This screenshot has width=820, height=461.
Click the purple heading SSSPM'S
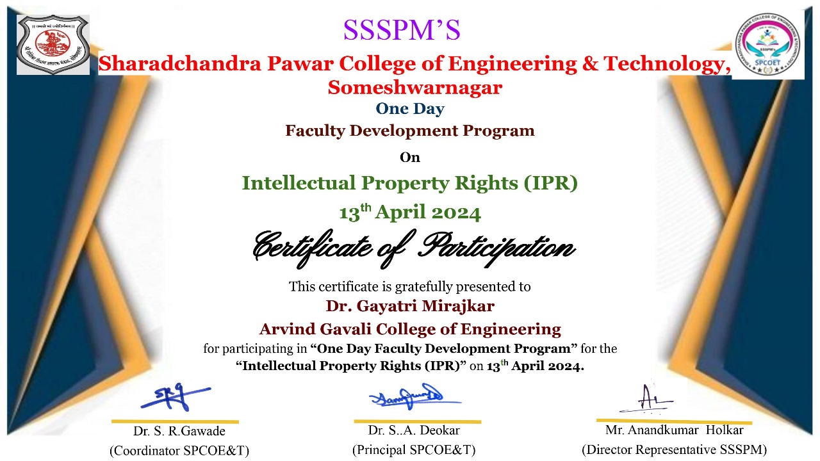coord(402,30)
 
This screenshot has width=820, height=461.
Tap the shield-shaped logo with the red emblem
coord(53,44)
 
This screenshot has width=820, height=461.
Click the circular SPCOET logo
coord(767,44)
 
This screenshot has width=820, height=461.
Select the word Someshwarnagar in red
coord(414,88)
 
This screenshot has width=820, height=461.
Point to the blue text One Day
coord(410,109)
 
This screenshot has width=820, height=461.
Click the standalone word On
coord(409,158)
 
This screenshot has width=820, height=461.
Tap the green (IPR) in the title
coord(550,183)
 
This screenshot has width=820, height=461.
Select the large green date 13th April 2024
coord(410,213)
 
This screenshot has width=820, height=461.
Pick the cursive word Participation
coord(496,248)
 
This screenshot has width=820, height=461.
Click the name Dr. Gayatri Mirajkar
coord(410,306)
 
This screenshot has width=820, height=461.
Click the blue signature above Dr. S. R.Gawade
coord(176,396)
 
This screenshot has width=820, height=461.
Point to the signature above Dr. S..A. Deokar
coord(414,396)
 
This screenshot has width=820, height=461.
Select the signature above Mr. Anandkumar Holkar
coord(646,399)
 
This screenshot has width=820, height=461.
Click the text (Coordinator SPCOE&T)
coord(179,450)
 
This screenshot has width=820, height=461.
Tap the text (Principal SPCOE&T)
coord(414,449)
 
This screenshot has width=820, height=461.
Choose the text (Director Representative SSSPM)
coord(675,449)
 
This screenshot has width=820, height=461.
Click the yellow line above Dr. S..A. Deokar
coord(418,422)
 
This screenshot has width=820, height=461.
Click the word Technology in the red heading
coord(667,63)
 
